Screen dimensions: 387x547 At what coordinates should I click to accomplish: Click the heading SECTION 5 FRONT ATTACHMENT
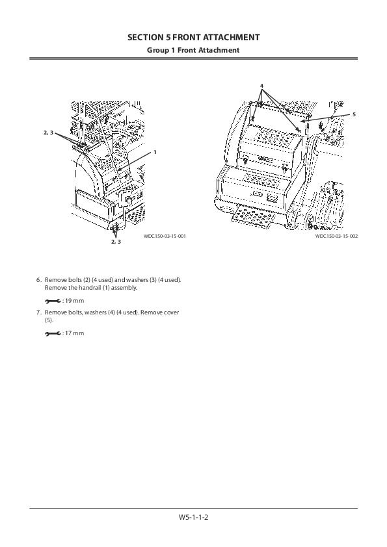click(x=194, y=37)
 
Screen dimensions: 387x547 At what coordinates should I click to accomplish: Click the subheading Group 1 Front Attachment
click(x=193, y=50)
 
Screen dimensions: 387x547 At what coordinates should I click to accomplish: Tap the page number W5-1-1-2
click(x=194, y=517)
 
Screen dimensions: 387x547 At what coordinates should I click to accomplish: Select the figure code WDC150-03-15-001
click(x=165, y=236)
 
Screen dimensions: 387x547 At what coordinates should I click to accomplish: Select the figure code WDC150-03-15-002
click(x=337, y=236)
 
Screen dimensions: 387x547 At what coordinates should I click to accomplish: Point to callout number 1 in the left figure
click(x=155, y=152)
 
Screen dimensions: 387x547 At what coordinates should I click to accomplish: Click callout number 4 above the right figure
click(x=261, y=86)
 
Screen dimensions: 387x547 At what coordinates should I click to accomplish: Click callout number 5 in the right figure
click(x=354, y=114)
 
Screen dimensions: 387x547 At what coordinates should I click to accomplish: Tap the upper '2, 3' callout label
click(x=49, y=133)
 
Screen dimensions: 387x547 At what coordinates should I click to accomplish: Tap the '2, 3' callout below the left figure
click(x=116, y=242)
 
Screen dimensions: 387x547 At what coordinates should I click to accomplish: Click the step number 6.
click(x=39, y=280)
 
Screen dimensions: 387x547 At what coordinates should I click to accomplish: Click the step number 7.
click(x=39, y=312)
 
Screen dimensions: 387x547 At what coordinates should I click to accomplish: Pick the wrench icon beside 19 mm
click(x=53, y=301)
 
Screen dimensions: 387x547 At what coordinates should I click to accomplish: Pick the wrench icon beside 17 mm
click(x=53, y=333)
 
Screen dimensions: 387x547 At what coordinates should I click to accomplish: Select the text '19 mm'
click(x=74, y=301)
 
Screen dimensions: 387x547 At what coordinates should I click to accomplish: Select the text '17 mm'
click(x=74, y=333)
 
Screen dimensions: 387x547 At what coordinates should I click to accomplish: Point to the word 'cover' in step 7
click(x=171, y=312)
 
